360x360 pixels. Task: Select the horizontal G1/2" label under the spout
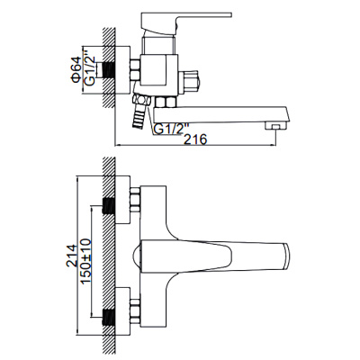click(x=170, y=128)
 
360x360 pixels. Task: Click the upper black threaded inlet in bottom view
click(x=111, y=206)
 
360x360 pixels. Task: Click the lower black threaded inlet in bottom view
click(x=111, y=316)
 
